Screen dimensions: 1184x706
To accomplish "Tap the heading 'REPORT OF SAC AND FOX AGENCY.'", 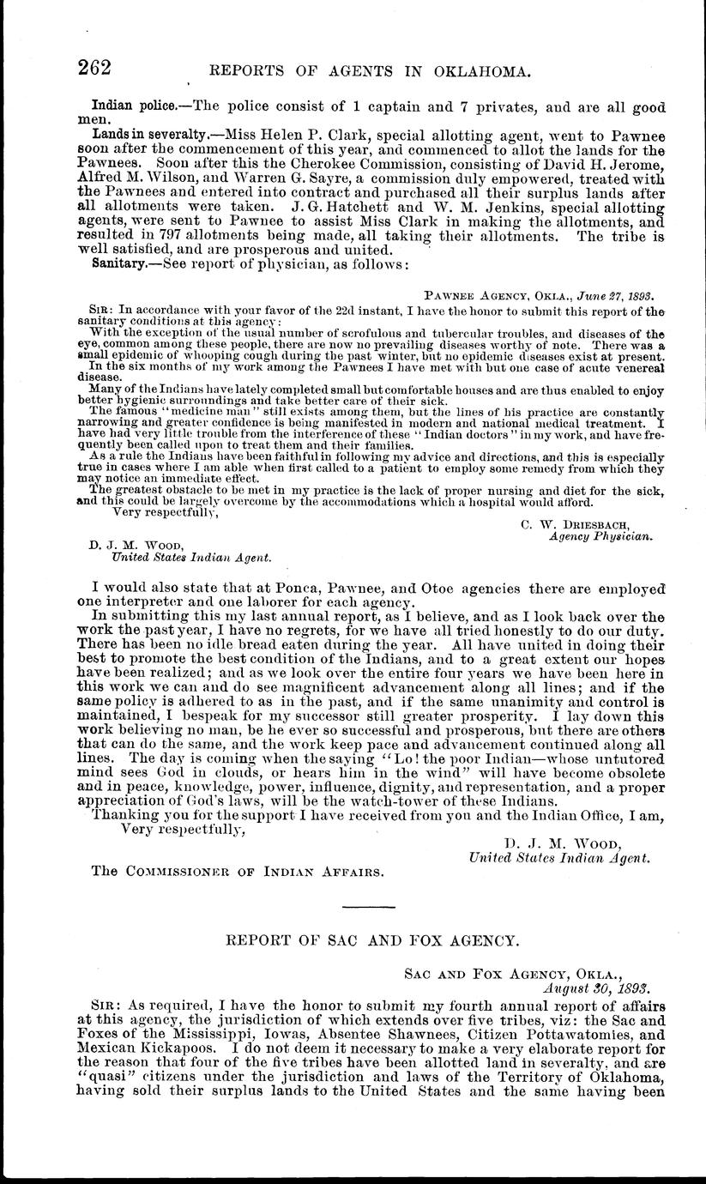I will click(x=371, y=940).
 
